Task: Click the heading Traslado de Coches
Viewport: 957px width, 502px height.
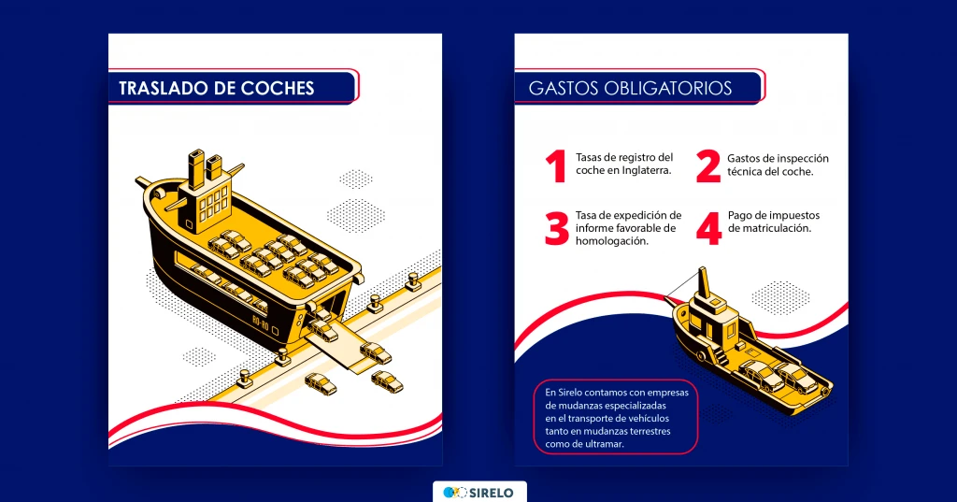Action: (217, 89)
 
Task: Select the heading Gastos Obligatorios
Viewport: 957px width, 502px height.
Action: (631, 89)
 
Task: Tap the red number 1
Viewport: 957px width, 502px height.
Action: (556, 166)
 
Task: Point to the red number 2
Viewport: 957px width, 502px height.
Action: (708, 166)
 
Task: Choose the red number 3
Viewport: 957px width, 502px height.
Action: (557, 228)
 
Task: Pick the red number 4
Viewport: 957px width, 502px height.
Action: (708, 228)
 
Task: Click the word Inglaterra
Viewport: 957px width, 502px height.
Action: (647, 171)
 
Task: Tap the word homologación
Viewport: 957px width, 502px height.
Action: (612, 241)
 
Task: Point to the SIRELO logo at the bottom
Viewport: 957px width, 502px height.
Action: (479, 493)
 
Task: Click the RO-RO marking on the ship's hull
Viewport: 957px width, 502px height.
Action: (261, 323)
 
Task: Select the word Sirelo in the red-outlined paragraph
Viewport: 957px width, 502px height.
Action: (570, 393)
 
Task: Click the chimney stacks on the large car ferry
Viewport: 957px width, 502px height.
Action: (205, 168)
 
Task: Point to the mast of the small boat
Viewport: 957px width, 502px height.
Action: (705, 284)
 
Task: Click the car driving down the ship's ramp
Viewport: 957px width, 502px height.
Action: (321, 331)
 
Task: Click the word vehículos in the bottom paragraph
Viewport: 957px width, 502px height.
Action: (648, 419)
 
